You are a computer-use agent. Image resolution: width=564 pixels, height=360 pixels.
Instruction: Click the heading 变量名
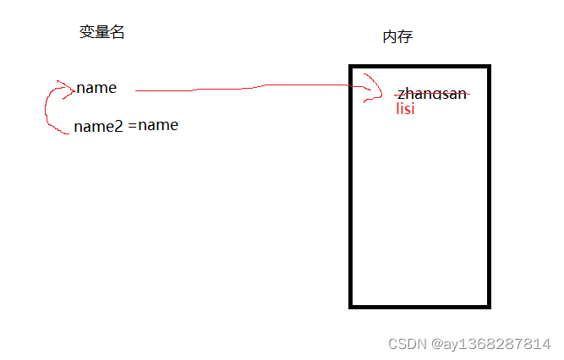pos(101,33)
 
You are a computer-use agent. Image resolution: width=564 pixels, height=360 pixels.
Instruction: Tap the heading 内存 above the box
pos(397,37)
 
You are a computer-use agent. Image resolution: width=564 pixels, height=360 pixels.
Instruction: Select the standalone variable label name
pos(96,88)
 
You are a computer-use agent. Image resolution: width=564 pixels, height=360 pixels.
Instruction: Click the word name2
pos(99,126)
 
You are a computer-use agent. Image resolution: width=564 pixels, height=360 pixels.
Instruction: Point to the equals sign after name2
pos(133,126)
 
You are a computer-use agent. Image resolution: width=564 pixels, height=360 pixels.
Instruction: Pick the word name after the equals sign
pos(159,126)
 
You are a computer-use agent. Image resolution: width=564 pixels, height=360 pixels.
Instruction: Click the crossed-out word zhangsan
pos(432,95)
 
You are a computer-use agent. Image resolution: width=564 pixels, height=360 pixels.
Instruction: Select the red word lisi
pos(405,109)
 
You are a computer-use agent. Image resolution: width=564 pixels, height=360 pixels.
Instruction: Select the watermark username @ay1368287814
pos(491,344)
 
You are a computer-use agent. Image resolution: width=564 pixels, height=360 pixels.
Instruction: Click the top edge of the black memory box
pos(419,66)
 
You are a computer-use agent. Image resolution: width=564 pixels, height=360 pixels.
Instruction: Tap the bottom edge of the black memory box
pos(419,306)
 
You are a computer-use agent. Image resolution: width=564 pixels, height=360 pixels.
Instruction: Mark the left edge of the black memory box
pos(351,186)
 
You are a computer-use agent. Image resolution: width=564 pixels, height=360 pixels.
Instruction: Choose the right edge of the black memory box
pos(488,186)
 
